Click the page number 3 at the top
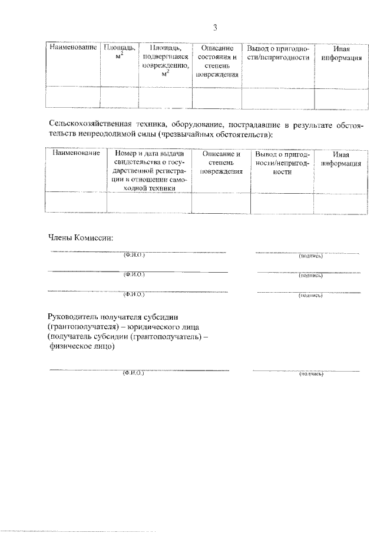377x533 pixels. pos(215,27)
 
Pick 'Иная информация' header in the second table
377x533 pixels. pos(341,158)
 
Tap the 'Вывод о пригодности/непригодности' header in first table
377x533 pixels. pos(277,52)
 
